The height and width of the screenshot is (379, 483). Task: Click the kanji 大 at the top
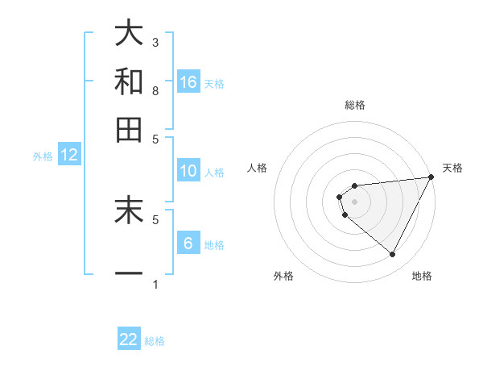coord(129,34)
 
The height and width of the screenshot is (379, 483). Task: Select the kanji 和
coord(129,81)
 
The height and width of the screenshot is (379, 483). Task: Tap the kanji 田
coord(129,129)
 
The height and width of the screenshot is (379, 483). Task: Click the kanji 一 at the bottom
coord(129,273)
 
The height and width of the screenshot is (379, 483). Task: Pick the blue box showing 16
coord(188,82)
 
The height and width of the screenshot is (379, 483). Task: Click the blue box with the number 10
coord(188,171)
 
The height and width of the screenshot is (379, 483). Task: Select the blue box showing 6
coord(188,244)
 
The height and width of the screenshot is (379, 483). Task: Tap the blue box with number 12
coord(69,156)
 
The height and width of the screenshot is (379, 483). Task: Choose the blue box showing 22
coord(129,339)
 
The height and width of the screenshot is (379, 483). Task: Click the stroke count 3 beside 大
coord(155,42)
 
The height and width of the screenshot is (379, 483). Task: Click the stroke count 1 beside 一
coord(155,284)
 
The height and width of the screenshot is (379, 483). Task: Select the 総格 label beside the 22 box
coord(155,341)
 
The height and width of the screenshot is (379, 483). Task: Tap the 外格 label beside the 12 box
coord(42,156)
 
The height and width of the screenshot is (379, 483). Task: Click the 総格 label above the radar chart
coord(354,105)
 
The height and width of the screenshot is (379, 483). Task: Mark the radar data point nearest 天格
coord(431,177)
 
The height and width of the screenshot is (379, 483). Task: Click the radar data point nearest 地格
coord(392,255)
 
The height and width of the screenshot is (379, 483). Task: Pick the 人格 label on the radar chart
coord(258,168)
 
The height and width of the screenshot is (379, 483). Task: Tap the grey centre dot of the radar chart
coord(354,202)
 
